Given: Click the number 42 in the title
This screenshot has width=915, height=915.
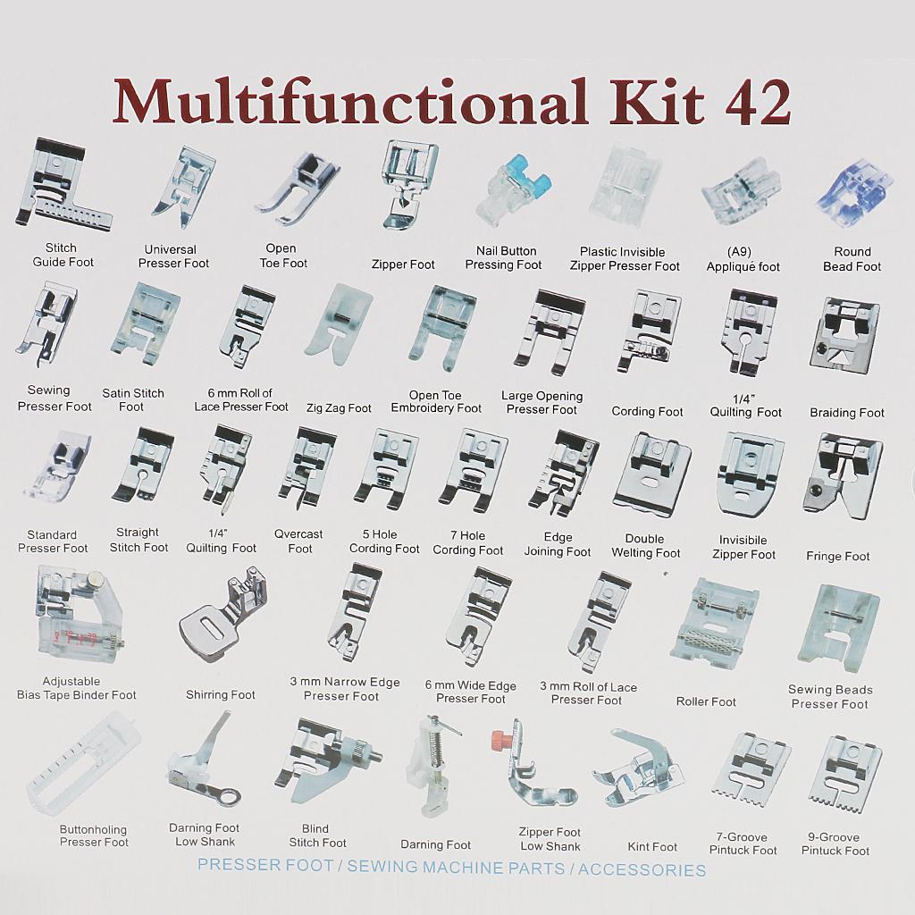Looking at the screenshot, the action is pos(757,102).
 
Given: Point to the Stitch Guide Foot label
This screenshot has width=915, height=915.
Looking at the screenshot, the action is pos(63,255).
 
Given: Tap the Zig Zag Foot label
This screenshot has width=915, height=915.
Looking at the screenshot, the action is pos(339,407).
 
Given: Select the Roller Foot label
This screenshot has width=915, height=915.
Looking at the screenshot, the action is pos(706,701).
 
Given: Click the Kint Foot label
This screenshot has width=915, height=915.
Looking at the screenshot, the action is pos(651,846).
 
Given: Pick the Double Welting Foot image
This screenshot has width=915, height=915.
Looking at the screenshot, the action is pos(651,474).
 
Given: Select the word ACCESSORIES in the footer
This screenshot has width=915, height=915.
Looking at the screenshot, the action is pos(642,870).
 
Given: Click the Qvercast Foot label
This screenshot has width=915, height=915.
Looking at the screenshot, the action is pos(298,541).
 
